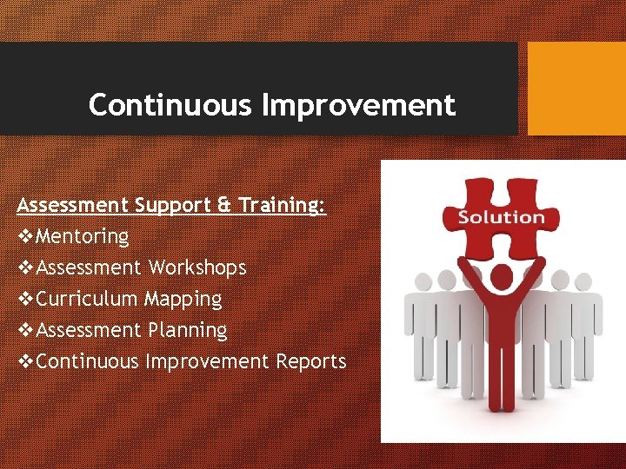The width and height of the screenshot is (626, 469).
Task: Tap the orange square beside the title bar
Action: (x=576, y=89)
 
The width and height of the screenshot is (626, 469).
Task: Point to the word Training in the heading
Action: (x=283, y=206)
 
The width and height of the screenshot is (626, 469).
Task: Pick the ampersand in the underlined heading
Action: (x=224, y=206)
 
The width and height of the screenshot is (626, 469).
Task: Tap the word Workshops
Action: (x=197, y=268)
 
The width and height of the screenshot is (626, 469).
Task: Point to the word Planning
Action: (x=187, y=330)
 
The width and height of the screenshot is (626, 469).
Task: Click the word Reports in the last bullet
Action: (x=311, y=361)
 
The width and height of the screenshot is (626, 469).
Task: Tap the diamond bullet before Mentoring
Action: (x=25, y=236)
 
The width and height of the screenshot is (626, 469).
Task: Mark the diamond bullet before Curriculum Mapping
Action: (x=25, y=299)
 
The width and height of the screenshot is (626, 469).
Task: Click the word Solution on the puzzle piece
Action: (x=501, y=217)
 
